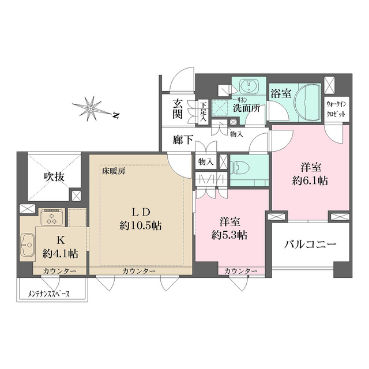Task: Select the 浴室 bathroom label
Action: coord(281,93)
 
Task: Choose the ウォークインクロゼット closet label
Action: coord(336,110)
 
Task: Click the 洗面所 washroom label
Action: coord(246,107)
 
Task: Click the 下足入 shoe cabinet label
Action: coord(203,108)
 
